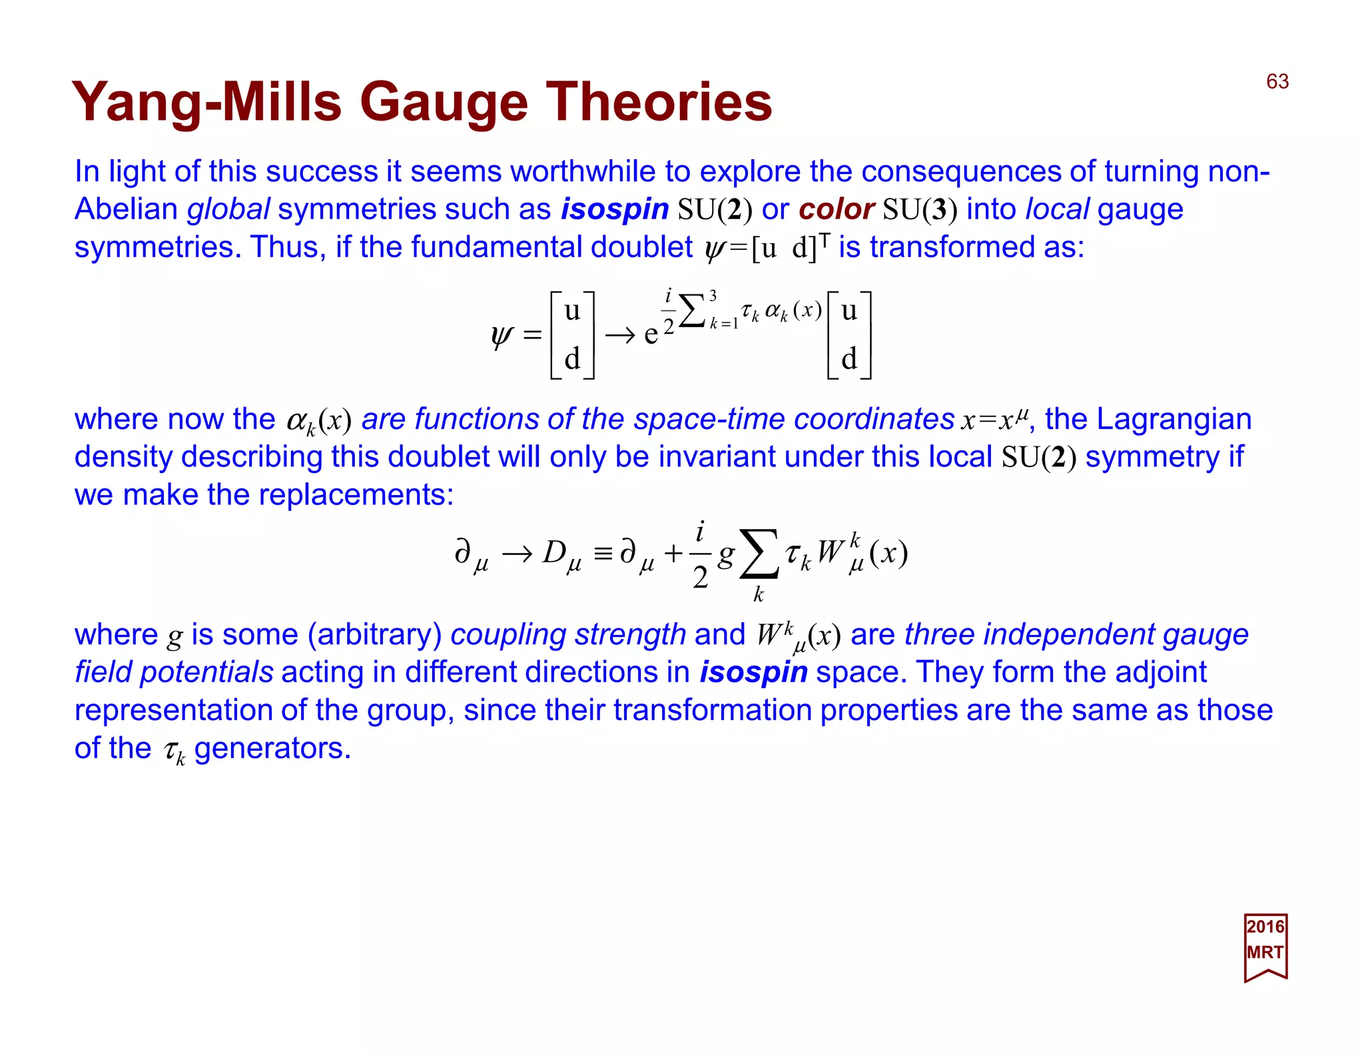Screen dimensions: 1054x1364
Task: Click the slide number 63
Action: coord(1277,81)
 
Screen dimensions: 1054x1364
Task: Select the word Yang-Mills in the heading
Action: coord(206,103)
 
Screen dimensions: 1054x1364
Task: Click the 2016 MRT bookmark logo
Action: coord(1265,947)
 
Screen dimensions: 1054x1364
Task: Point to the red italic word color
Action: coord(836,209)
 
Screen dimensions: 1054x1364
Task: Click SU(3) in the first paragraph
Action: coord(919,209)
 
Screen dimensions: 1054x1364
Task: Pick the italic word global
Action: coord(228,209)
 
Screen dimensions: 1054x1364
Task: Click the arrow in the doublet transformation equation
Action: coord(620,334)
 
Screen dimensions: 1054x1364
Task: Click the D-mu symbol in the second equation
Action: coord(561,554)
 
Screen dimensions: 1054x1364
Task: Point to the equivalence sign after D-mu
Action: coord(603,554)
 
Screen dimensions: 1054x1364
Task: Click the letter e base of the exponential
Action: coord(651,334)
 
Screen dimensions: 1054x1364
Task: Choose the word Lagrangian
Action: coord(1174,419)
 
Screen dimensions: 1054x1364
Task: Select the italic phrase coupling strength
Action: coord(567,634)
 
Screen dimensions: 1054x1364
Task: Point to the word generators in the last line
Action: coord(272,748)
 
